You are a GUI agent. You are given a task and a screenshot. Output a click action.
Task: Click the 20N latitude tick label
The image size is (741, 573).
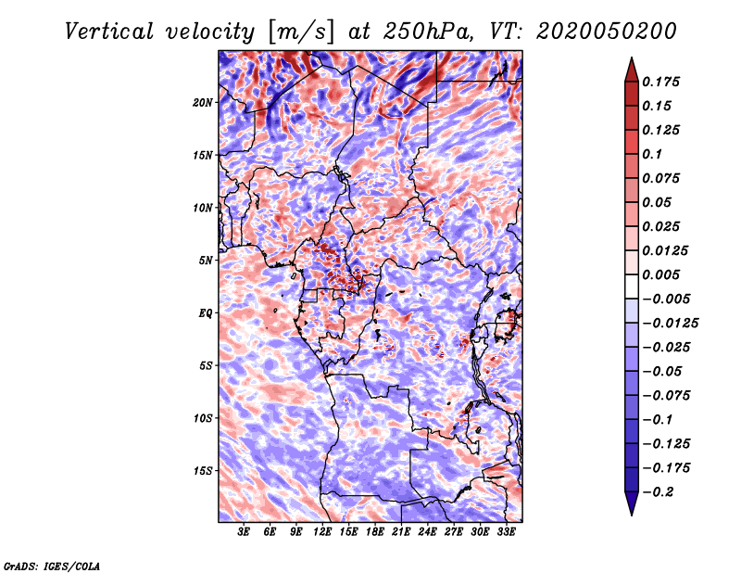pos(203,102)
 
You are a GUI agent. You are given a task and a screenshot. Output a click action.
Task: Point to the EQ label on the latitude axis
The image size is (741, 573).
pos(205,313)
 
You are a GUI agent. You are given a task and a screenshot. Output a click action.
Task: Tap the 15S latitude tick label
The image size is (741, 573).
pos(203,471)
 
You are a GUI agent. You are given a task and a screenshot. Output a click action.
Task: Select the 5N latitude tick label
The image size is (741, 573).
pos(205,261)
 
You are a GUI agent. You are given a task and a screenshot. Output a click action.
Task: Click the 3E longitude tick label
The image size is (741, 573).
pos(245,533)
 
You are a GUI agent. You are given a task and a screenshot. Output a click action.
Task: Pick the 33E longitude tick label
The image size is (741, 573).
pos(506,533)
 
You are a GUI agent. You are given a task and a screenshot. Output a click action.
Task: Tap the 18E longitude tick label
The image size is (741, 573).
pos(375,533)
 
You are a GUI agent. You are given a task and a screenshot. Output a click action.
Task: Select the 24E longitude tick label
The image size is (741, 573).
pos(428,533)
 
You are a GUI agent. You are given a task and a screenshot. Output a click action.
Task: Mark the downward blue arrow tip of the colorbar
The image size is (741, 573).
pos(631,513)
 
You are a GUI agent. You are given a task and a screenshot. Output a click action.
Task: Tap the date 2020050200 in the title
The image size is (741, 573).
pos(597,31)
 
